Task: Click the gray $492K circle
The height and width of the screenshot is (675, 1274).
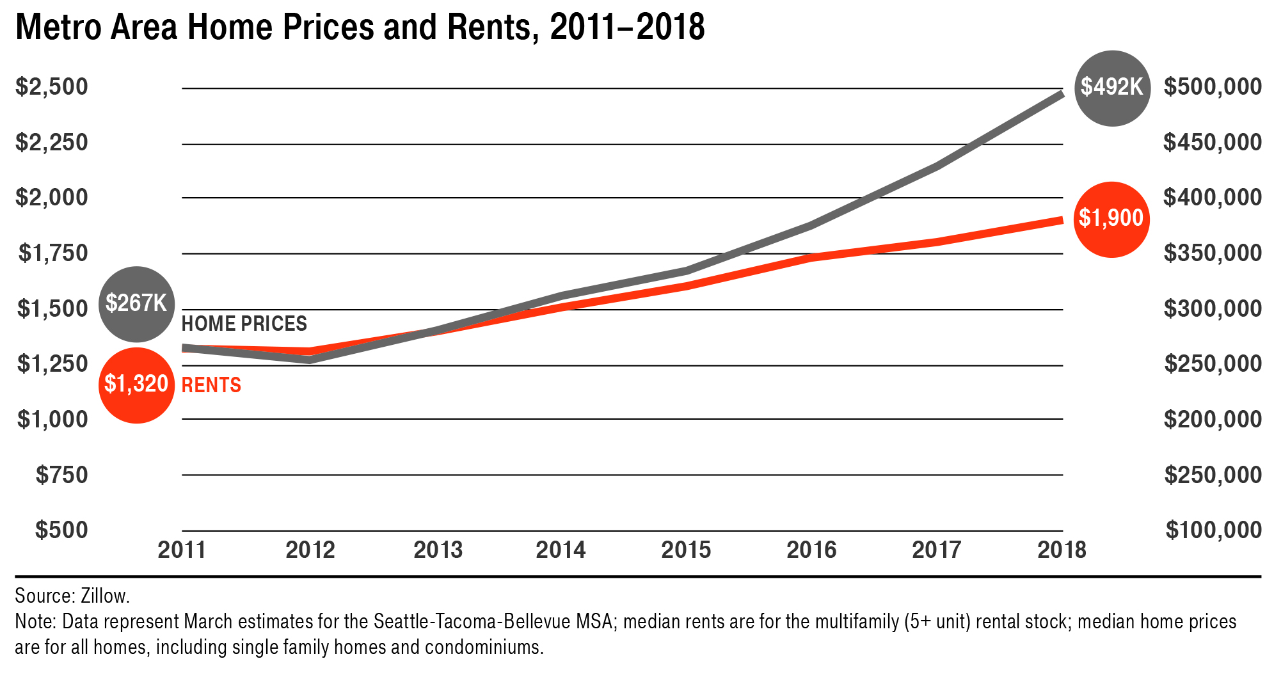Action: (1112, 88)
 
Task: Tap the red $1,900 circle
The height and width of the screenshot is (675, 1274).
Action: (1111, 219)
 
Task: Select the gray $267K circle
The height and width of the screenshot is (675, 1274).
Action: (136, 304)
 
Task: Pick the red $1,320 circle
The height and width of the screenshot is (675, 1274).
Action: (136, 385)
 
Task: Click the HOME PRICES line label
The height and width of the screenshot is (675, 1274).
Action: (244, 324)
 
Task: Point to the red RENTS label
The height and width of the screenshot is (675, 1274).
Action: (211, 385)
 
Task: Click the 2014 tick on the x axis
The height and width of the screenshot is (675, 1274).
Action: (561, 550)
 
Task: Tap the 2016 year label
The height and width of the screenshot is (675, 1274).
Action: (811, 550)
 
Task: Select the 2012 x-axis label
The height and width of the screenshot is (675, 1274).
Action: (310, 550)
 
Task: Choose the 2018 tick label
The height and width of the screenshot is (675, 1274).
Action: (1062, 550)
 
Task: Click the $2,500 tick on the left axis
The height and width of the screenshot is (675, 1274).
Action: (52, 86)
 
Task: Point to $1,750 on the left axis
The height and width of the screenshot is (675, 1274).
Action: (53, 253)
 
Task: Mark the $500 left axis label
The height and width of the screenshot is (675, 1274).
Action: (61, 530)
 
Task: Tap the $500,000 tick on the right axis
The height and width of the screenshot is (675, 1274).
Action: (1213, 86)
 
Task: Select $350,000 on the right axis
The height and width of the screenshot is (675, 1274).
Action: (1213, 253)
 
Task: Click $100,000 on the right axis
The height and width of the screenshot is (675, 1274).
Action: (1213, 530)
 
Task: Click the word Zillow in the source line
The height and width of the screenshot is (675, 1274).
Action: (105, 596)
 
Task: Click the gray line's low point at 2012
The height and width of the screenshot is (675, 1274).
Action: (310, 360)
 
